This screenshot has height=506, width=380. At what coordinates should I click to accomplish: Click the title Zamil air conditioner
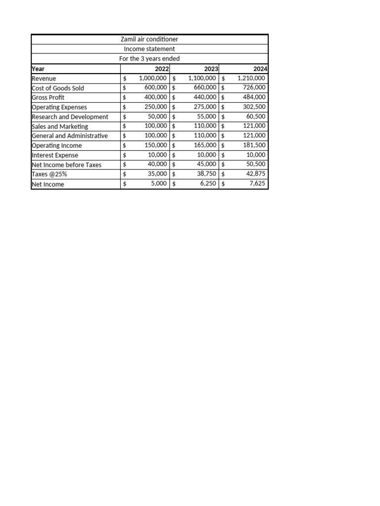(x=149, y=39)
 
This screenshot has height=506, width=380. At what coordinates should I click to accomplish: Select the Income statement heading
(x=149, y=49)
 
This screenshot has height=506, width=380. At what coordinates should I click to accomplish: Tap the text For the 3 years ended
(x=149, y=58)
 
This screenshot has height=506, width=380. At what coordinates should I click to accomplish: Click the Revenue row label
(x=44, y=78)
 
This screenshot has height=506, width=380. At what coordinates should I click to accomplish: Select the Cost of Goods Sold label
(x=58, y=88)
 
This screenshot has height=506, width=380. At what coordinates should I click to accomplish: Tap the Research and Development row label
(x=70, y=117)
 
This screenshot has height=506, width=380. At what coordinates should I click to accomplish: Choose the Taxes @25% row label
(x=49, y=174)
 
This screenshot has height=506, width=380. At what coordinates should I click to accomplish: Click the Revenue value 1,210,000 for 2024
(x=251, y=78)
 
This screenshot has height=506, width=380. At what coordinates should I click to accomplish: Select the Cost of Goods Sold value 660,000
(x=205, y=88)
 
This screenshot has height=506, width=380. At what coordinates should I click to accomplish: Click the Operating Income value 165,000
(x=205, y=145)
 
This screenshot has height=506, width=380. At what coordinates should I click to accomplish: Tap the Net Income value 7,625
(x=257, y=184)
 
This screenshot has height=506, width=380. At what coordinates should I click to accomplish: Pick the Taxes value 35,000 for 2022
(x=157, y=174)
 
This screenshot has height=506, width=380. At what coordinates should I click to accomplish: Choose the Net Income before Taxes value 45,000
(x=207, y=165)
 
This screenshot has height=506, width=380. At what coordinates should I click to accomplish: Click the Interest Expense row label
(x=55, y=155)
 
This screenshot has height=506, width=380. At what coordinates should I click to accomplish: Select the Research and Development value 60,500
(x=256, y=117)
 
